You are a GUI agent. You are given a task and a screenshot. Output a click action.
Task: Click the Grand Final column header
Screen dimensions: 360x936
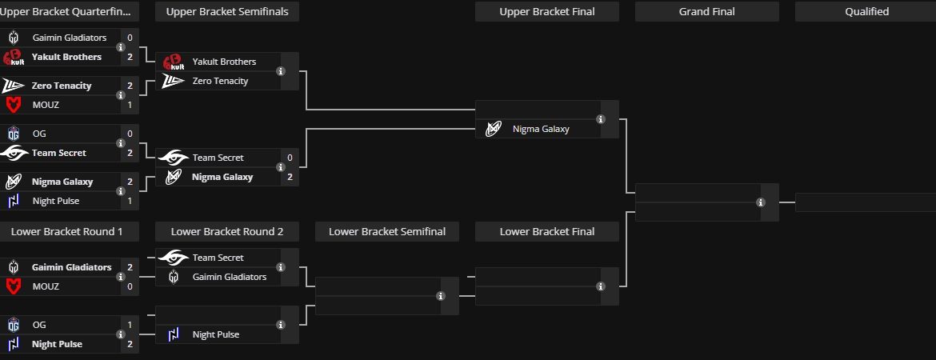pyautogui.click(x=706, y=11)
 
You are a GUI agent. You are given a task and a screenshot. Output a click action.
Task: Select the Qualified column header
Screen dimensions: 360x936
pyautogui.click(x=866, y=11)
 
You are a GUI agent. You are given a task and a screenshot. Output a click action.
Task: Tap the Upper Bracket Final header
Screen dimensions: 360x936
pyautogui.click(x=547, y=11)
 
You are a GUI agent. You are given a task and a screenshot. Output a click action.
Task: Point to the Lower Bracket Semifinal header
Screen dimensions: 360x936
pyautogui.click(x=387, y=231)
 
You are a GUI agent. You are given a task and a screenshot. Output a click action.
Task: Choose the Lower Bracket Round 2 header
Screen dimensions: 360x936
pyautogui.click(x=227, y=231)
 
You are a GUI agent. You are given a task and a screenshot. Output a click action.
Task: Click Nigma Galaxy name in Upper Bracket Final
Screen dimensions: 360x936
pyautogui.click(x=541, y=129)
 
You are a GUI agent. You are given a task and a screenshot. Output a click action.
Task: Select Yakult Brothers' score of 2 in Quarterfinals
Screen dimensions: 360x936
pyautogui.click(x=130, y=57)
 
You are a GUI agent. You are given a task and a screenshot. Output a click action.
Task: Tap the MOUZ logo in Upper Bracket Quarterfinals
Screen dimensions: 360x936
pyautogui.click(x=14, y=105)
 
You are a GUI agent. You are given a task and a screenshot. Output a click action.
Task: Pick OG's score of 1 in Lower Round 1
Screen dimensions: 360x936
pyautogui.click(x=130, y=325)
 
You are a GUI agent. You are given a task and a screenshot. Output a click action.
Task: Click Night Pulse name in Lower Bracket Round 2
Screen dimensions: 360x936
pyautogui.click(x=216, y=334)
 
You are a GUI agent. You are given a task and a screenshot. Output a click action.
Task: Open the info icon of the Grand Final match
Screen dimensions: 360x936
pyautogui.click(x=761, y=202)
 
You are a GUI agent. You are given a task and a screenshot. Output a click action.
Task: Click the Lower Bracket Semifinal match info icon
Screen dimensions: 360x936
pyautogui.click(x=441, y=296)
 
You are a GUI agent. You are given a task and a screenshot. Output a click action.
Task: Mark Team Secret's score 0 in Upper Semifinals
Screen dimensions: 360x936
pyautogui.click(x=290, y=158)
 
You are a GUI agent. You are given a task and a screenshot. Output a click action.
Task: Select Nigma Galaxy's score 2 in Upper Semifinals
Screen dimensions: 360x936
pyautogui.click(x=290, y=177)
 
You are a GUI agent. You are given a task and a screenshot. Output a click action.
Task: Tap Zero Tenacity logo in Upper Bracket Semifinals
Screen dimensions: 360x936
pyautogui.click(x=174, y=81)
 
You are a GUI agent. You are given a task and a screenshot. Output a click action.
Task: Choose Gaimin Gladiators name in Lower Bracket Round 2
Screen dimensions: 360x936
pyautogui.click(x=230, y=277)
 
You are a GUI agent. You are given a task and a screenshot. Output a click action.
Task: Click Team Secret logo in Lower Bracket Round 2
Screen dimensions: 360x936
pyautogui.click(x=174, y=258)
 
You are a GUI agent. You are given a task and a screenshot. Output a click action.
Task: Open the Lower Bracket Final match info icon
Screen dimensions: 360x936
pyautogui.click(x=601, y=286)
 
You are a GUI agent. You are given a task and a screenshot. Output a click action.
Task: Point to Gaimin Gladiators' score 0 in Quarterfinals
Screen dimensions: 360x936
pyautogui.click(x=130, y=38)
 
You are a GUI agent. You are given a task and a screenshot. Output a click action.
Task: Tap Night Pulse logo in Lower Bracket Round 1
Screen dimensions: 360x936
pyautogui.click(x=14, y=344)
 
